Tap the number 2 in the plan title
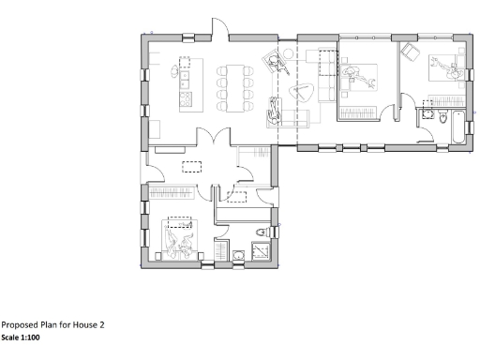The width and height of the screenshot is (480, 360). tap(101, 324)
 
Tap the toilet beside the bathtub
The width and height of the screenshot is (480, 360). tap(428, 113)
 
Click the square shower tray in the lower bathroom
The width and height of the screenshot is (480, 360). tap(224, 252)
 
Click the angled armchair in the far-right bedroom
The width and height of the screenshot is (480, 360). tap(409, 52)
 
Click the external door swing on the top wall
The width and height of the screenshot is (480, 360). tap(218, 27)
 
